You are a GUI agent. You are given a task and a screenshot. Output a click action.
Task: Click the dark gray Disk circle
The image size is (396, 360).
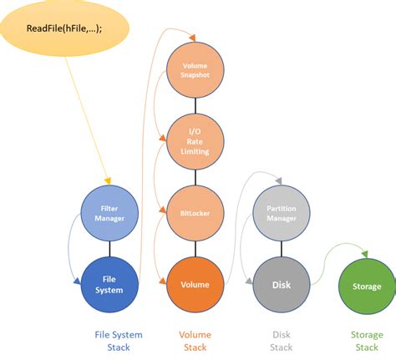281,284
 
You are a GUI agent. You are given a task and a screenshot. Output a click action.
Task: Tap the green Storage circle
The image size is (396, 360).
366,286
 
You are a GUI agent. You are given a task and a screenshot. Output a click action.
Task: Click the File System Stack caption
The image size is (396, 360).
118,340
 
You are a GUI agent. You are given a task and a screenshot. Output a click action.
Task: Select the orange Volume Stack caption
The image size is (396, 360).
195,340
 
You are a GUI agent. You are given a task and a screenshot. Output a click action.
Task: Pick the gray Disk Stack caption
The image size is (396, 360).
281,340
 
